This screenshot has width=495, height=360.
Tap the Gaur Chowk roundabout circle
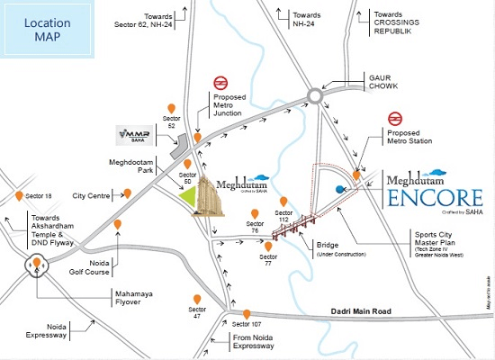point(316,94)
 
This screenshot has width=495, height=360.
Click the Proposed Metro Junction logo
point(220,84)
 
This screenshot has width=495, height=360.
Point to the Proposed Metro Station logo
point(393,118)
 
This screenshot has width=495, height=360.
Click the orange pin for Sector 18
point(19,195)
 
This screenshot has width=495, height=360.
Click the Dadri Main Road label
point(356,312)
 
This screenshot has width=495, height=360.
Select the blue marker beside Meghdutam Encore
point(340,189)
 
